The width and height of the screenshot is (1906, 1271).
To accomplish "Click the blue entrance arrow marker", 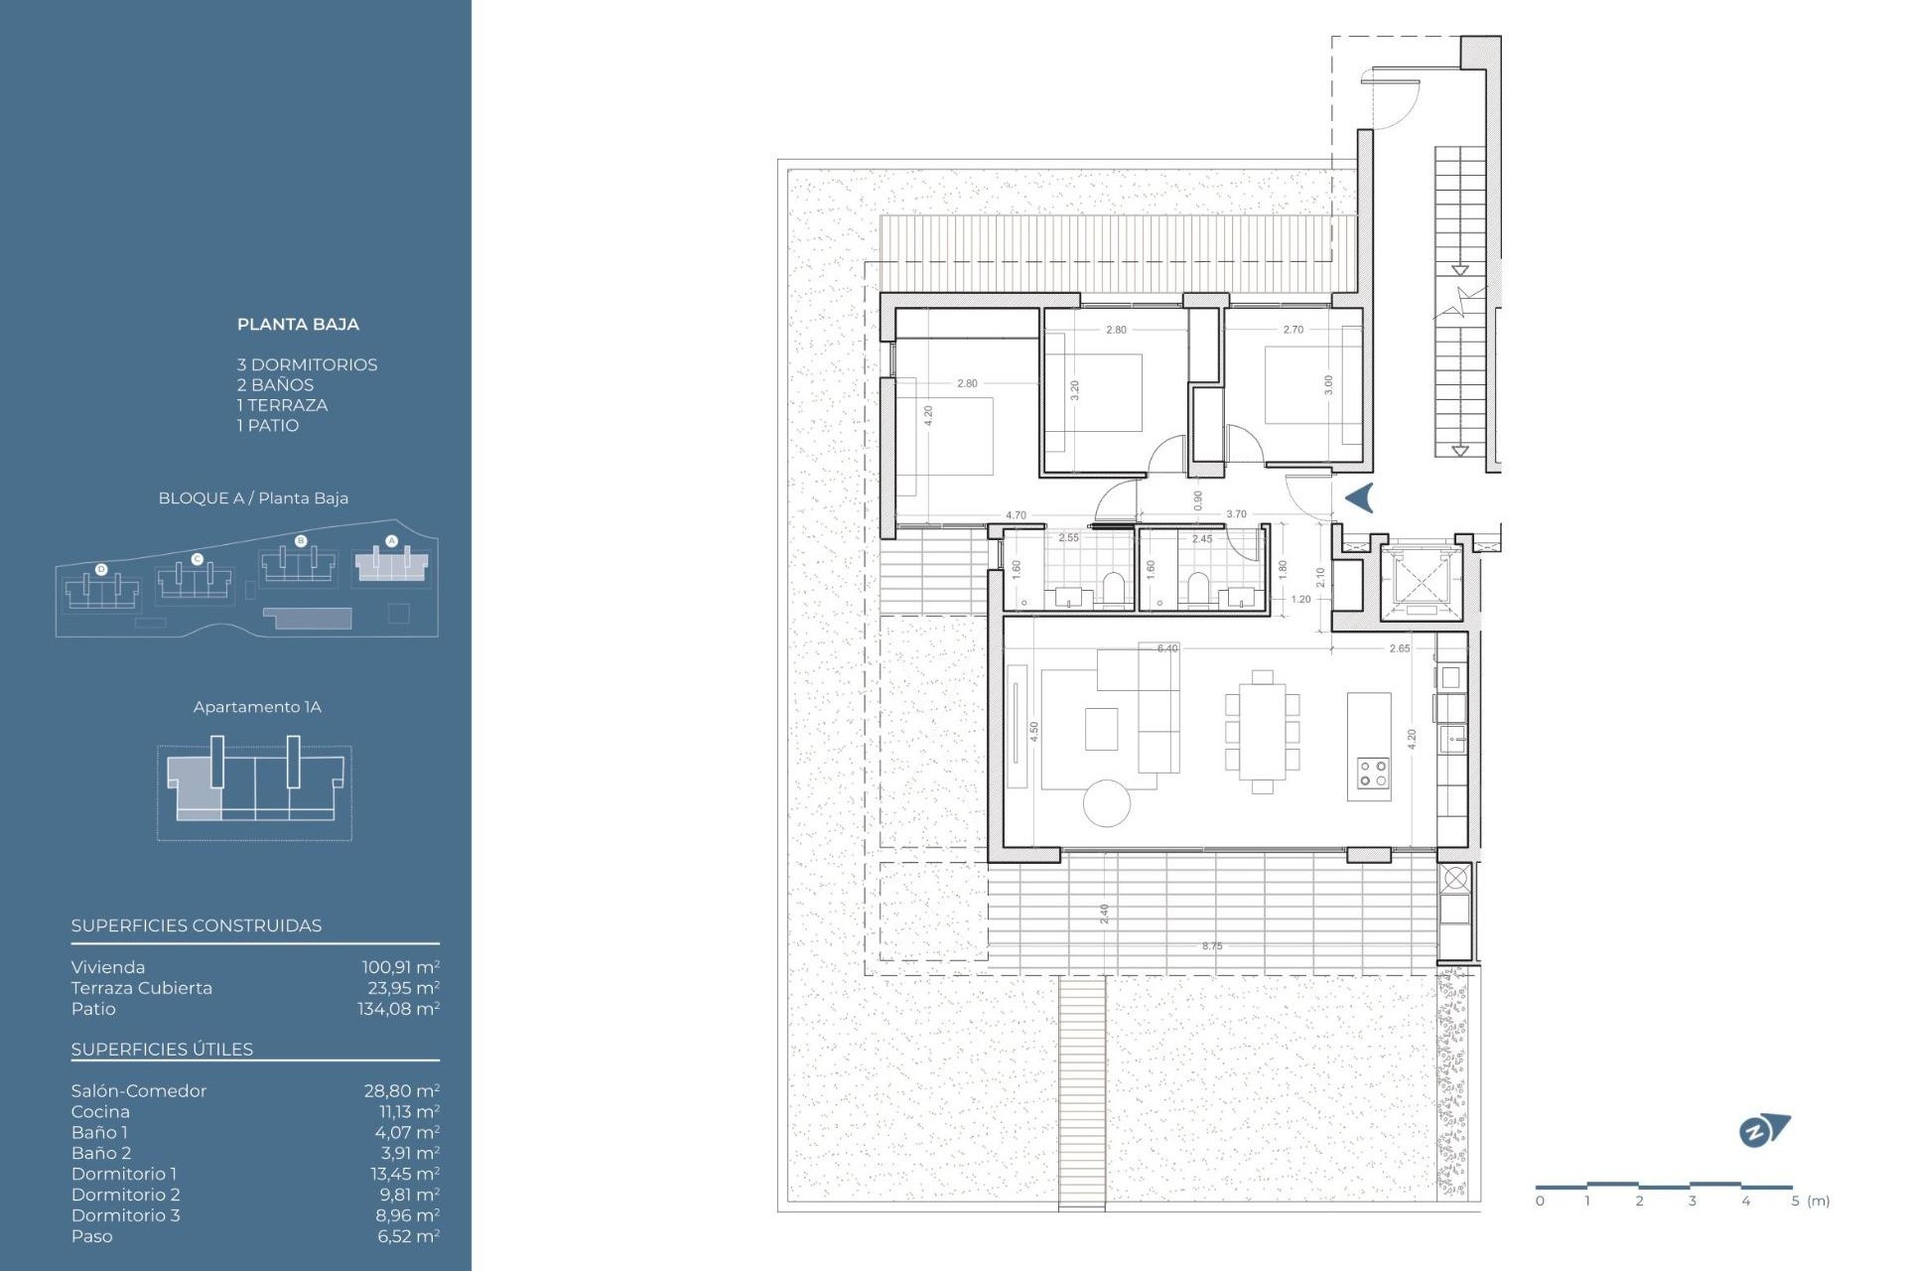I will point(1359,497).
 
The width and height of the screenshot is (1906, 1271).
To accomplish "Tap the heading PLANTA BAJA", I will point(298,325).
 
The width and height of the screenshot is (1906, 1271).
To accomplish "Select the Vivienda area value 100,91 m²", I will point(400,967).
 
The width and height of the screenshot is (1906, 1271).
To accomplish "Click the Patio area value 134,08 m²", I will point(398,1009).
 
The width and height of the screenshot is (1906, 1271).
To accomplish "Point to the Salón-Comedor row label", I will point(139,1091).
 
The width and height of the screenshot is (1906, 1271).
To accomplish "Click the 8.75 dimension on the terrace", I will point(1212,946).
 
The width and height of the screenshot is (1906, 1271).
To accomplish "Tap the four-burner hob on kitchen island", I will point(1373,774).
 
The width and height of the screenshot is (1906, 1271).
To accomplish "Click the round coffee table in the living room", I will point(1107,803).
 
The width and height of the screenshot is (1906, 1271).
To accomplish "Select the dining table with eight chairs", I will point(1262,731).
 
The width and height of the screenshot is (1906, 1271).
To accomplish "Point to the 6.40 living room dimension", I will point(1167,648).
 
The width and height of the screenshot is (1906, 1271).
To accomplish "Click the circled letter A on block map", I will point(391,541).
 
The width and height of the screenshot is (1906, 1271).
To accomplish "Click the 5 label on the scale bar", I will point(1795,1201).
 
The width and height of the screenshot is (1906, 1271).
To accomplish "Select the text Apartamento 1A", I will point(257,707).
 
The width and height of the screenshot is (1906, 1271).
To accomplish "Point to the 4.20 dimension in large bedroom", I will point(928,416).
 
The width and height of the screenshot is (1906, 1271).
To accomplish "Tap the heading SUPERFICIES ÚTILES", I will point(162,1050).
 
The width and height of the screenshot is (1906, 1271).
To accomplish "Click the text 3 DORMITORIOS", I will point(307,365).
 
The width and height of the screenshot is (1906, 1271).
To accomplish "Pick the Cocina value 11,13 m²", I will point(409,1112).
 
